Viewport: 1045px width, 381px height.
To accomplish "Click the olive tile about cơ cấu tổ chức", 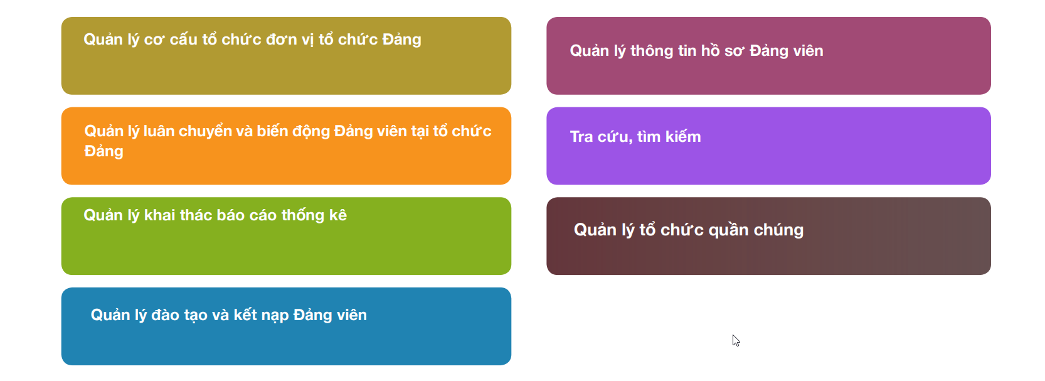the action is (286, 56).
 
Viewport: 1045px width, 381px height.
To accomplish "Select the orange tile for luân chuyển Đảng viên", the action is (286, 146).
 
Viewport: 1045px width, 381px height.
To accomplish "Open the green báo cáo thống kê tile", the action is (286, 236).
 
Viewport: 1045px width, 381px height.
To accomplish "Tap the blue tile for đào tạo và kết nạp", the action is (286, 326).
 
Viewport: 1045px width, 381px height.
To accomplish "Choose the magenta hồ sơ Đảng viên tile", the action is (769, 56).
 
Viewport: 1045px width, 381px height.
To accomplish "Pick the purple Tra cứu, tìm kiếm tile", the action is (769, 146).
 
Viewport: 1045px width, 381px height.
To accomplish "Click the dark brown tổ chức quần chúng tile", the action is (769, 236).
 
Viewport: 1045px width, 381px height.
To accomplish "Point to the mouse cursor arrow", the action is (736, 341).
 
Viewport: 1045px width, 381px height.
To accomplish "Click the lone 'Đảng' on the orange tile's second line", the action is (103, 152).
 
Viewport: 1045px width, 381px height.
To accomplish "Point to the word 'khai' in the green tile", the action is (159, 215).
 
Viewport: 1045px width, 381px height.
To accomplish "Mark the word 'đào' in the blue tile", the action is (165, 315).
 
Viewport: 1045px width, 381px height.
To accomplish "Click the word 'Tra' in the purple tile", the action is (581, 137).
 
